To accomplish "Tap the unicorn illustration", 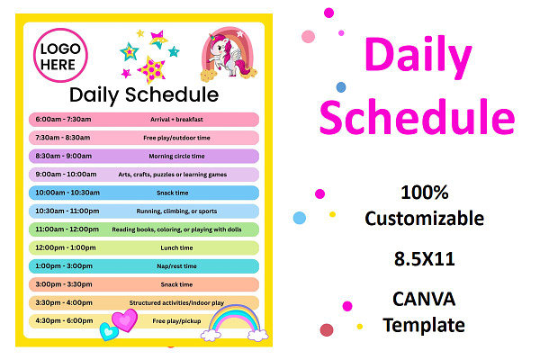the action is (x=229, y=54).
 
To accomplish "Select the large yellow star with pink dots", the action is (x=151, y=69).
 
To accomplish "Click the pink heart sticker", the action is (x=125, y=319).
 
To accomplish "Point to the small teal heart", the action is (x=109, y=331).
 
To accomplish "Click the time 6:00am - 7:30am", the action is (x=63, y=119).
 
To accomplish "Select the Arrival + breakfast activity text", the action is (x=176, y=120).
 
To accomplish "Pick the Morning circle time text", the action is (x=176, y=156).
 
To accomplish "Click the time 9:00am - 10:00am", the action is (x=66, y=175).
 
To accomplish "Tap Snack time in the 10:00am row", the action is (x=173, y=193).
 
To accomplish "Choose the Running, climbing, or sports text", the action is (x=176, y=211).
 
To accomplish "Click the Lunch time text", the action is (x=176, y=247).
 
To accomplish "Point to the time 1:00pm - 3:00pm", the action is (x=64, y=266).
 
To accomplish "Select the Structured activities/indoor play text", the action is (x=176, y=302).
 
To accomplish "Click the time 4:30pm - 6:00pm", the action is (x=64, y=320).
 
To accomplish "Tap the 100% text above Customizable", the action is (x=425, y=193).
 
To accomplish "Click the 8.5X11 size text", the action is (x=425, y=258).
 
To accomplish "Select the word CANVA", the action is (x=424, y=299).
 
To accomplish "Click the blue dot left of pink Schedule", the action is (x=341, y=87).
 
